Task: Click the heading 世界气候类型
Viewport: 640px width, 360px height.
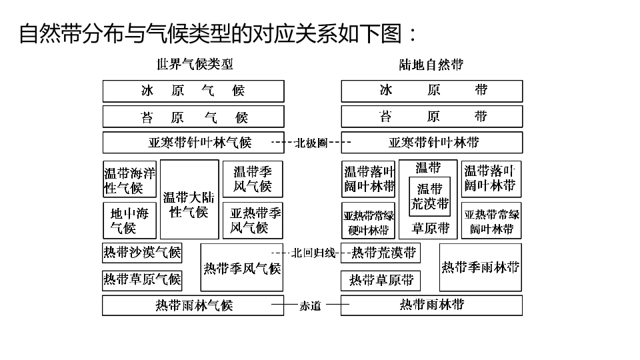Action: [195, 65]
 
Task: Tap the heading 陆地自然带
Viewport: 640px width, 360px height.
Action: [431, 65]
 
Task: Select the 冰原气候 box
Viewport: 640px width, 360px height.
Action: [193, 91]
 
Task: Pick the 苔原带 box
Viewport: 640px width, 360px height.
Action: [431, 117]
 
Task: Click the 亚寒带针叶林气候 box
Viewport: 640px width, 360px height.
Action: [193, 142]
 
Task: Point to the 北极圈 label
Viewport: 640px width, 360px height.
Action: [311, 142]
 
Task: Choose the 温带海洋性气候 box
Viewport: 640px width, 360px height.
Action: [129, 179]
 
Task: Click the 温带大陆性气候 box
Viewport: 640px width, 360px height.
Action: [189, 199]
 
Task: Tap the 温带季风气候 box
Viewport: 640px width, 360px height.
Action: [253, 179]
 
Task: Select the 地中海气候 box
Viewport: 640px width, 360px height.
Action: [129, 220]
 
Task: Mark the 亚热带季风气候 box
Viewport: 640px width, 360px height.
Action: [253, 220]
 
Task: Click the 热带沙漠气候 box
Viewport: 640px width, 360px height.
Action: [142, 253]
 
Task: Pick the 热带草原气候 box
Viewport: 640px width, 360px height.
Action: [142, 279]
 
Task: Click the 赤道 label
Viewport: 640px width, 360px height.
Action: [310, 306]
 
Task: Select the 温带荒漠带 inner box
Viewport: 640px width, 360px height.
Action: [429, 196]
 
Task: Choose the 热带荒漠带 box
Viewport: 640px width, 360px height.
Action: [383, 253]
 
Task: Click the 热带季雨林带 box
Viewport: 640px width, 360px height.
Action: [480, 267]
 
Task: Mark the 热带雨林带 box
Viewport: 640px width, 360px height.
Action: [431, 305]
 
